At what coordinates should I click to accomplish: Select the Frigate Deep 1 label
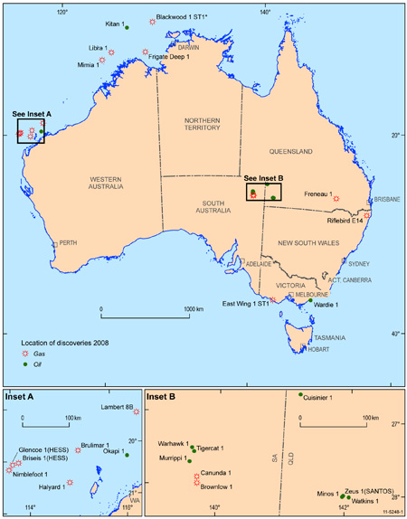click(170, 56)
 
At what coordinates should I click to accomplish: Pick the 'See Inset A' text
click(32, 114)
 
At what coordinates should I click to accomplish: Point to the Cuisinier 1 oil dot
click(300, 395)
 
